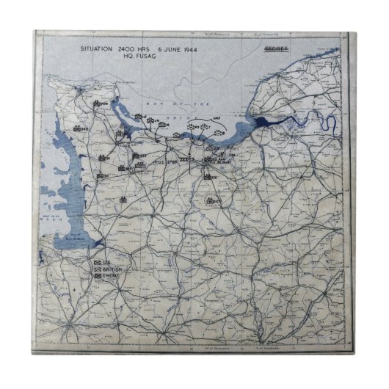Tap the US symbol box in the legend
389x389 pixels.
point(97,261)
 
